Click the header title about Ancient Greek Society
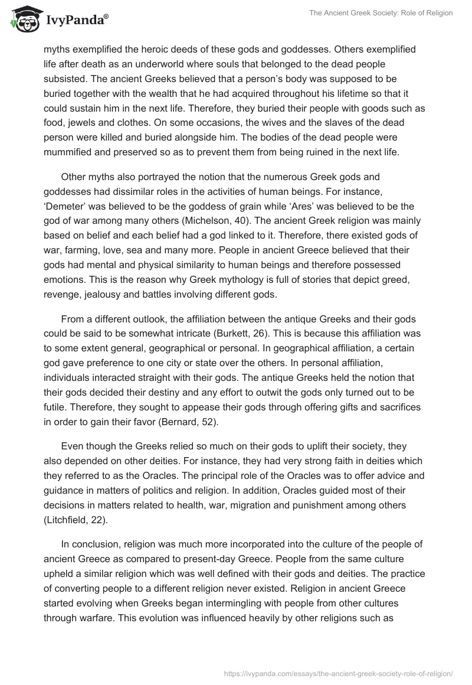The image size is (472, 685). tap(381, 13)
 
